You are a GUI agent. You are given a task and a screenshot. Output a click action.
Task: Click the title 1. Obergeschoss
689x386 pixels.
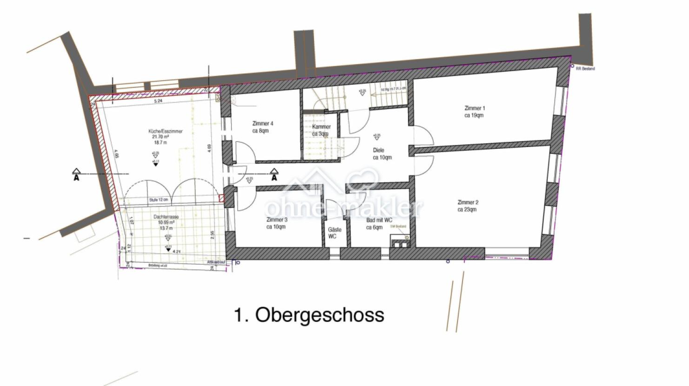tap(308, 315)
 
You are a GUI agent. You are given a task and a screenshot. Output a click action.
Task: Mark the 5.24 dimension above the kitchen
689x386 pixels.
tap(158, 101)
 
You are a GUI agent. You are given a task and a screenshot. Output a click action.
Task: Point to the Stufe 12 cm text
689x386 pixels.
tap(158, 200)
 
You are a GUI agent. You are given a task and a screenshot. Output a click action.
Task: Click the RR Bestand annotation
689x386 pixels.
tap(585, 69)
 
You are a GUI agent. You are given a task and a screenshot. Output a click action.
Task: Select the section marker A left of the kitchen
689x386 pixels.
tap(76, 176)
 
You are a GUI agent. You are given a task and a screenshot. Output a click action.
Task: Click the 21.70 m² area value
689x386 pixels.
tap(161, 137)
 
